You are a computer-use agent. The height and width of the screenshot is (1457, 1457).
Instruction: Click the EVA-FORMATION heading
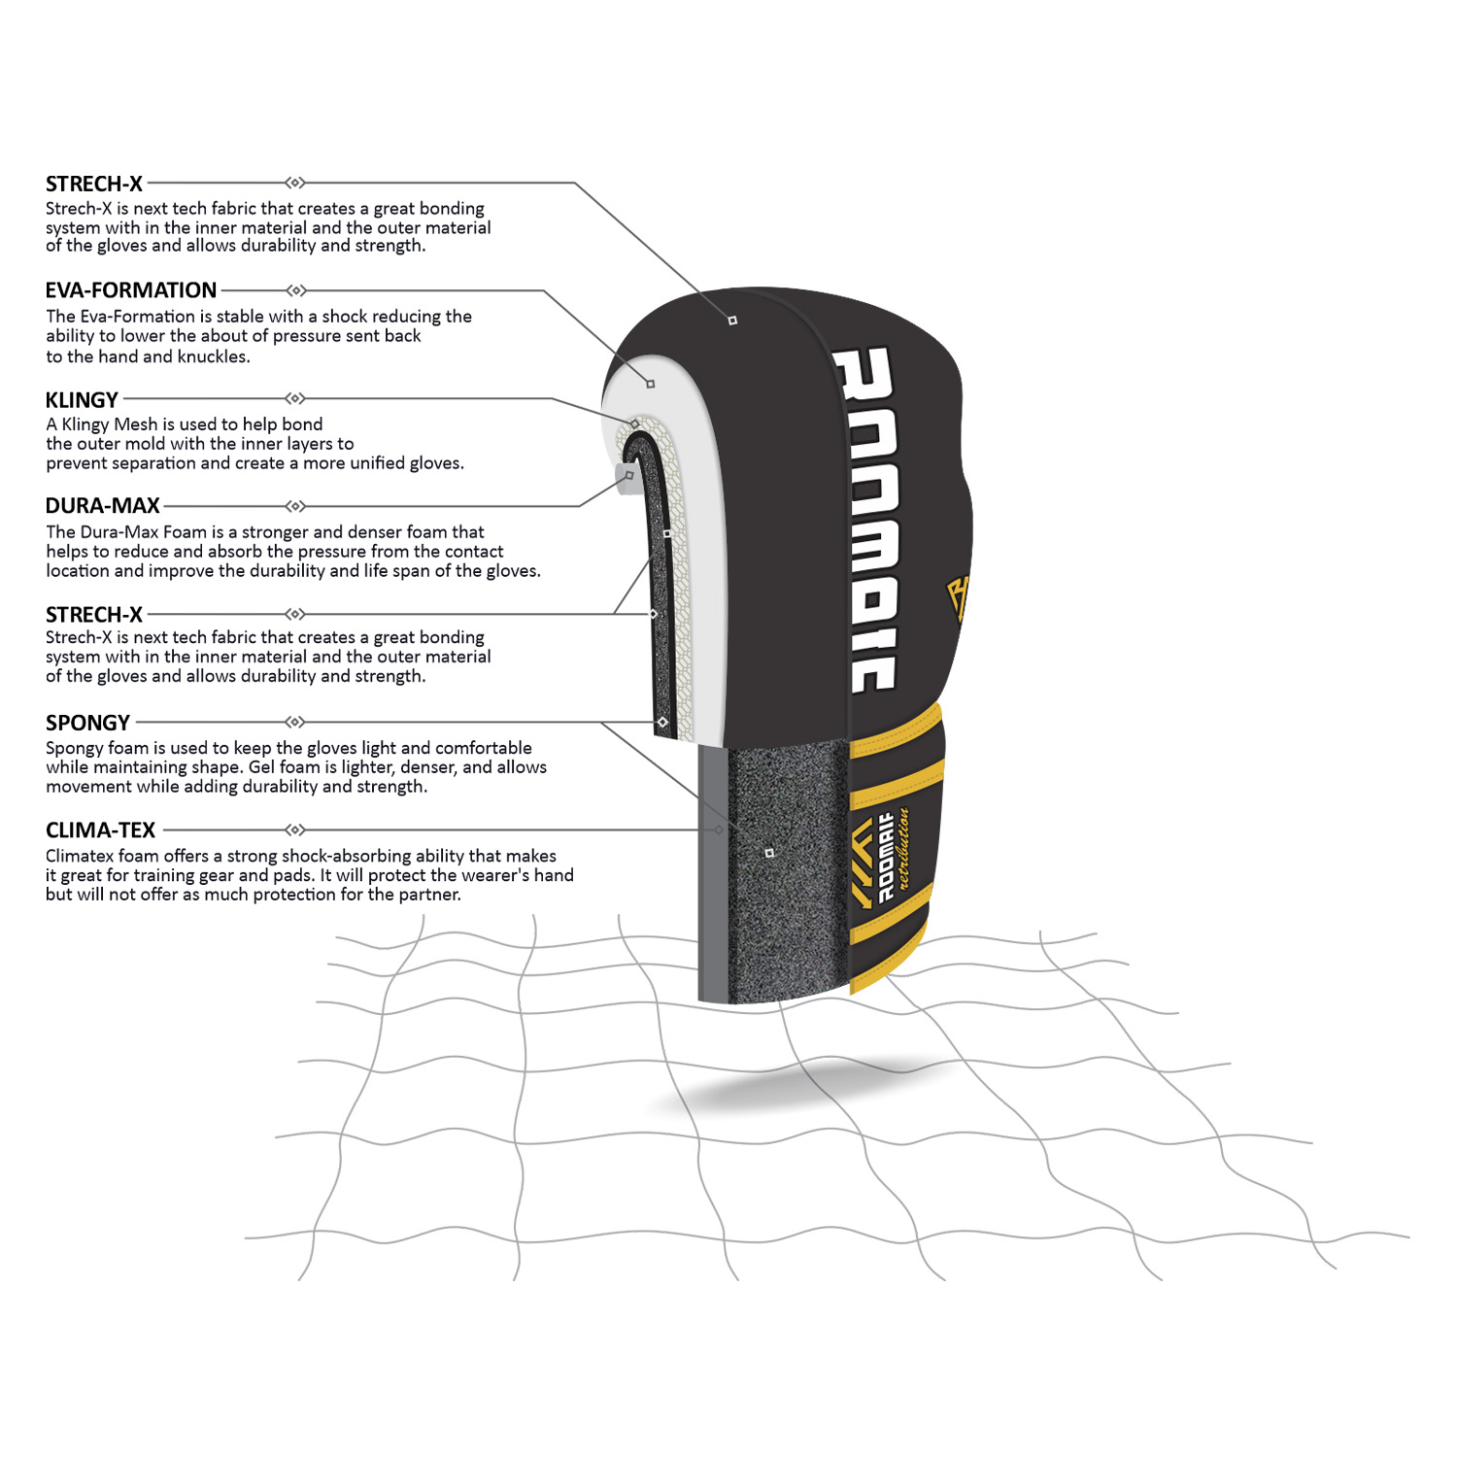tap(131, 290)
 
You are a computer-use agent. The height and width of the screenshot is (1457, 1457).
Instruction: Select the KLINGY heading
tap(82, 400)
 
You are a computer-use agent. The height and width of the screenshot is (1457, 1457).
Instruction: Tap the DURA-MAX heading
tap(103, 506)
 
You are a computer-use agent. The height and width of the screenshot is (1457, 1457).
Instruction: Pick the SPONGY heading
tap(87, 723)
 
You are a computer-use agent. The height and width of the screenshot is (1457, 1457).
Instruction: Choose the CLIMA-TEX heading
tap(100, 830)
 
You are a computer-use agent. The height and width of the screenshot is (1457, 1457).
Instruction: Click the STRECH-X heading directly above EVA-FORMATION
tap(94, 184)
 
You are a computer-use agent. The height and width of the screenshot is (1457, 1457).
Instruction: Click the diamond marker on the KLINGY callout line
tap(296, 398)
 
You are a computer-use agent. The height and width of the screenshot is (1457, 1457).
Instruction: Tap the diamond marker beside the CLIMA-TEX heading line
tap(296, 830)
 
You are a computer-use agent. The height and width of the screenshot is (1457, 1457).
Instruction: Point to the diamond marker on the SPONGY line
tap(296, 722)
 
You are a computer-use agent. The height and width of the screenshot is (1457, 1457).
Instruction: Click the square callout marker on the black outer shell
tap(732, 321)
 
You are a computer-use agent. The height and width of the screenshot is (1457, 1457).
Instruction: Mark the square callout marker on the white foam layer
tap(651, 384)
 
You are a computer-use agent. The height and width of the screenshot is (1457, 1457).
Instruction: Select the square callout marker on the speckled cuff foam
tap(769, 853)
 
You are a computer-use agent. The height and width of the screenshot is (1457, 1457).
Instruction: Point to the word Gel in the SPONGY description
tap(262, 767)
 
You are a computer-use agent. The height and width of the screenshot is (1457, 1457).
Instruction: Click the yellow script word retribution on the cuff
tap(902, 847)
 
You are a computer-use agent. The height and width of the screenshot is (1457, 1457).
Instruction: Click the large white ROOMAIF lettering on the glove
tap(864, 520)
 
